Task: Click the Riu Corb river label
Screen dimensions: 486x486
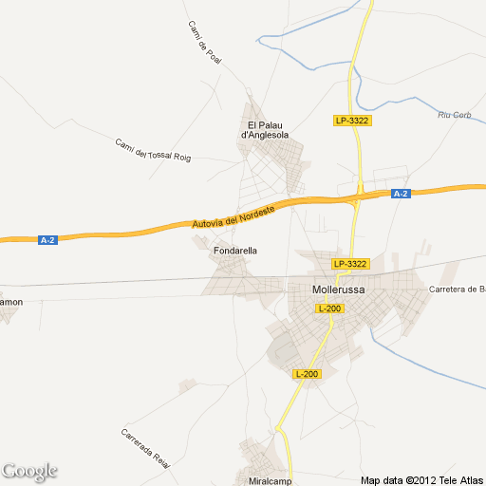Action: click(x=454, y=115)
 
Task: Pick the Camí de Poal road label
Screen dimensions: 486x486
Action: click(x=204, y=42)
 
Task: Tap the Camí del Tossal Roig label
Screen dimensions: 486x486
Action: click(x=152, y=150)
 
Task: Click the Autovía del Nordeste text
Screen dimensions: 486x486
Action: click(x=233, y=215)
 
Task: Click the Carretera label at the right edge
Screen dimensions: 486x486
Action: click(x=458, y=289)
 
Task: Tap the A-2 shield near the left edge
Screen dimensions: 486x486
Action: click(x=48, y=240)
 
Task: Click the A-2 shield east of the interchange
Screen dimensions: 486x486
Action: click(x=401, y=194)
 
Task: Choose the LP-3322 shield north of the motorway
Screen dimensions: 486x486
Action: click(x=352, y=121)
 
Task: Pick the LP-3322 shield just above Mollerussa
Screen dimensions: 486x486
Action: click(x=349, y=263)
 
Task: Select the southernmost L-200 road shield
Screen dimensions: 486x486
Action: click(x=308, y=374)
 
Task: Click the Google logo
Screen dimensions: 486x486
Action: click(x=29, y=471)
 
